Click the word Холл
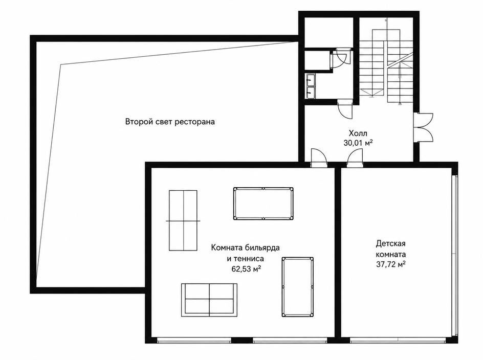(358, 133)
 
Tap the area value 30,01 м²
(358, 143)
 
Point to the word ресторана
(194, 122)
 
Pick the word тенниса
(249, 259)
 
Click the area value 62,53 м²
(247, 269)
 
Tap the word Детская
(390, 244)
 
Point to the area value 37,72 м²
(390, 264)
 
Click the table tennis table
(183, 221)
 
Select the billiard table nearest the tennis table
(263, 204)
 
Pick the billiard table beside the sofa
(298, 287)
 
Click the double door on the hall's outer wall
(424, 127)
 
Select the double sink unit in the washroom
(311, 86)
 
